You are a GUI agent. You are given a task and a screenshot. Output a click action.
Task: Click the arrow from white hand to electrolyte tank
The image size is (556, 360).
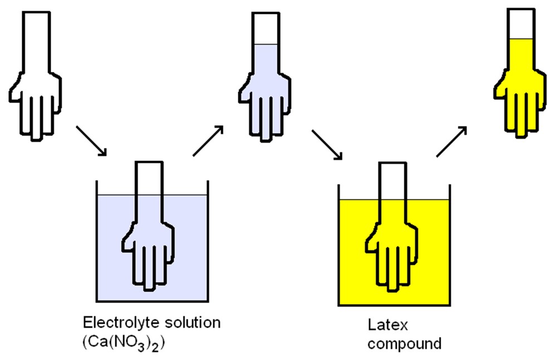(x=91, y=140)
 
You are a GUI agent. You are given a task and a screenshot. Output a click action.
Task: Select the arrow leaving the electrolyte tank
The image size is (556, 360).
(x=208, y=140)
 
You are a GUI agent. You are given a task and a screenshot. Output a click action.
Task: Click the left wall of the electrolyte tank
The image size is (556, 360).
(x=97, y=240)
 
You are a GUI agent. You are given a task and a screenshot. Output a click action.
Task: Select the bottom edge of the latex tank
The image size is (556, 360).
(x=394, y=305)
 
